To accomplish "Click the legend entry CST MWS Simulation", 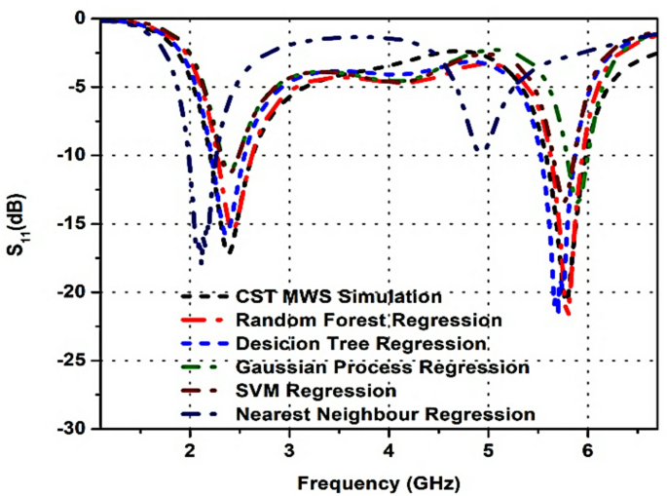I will pyautogui.click(x=339, y=295).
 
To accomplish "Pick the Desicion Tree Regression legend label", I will pyautogui.click(x=360, y=344).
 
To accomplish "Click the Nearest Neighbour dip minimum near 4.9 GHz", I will pyautogui.click(x=478, y=151).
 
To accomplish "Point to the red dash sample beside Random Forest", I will pyautogui.click(x=198, y=320).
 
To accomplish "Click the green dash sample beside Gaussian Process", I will pyautogui.click(x=198, y=367).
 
